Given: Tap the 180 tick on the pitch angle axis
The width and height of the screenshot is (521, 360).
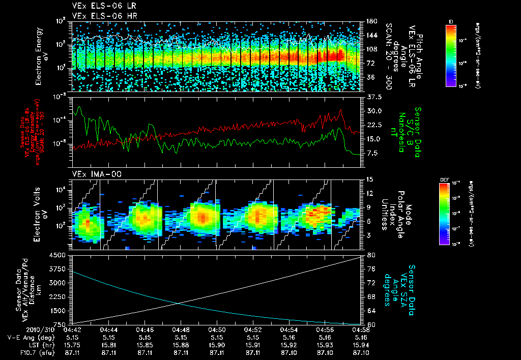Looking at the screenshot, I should click(x=371, y=21).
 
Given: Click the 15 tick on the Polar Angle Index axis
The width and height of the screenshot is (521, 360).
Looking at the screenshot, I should click(x=369, y=179).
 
